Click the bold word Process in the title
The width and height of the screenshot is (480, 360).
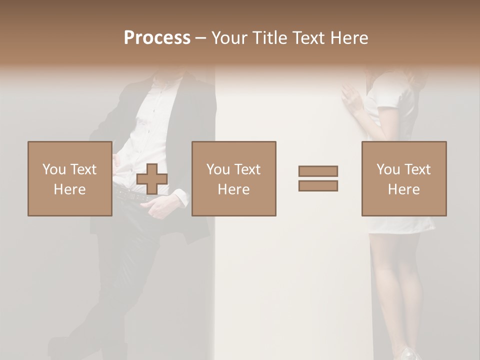157,38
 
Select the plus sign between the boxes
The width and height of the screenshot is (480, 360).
152,179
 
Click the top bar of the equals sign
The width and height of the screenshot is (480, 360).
318,171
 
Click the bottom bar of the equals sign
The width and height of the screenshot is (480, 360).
318,186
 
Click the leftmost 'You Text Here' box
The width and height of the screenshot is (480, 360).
69,178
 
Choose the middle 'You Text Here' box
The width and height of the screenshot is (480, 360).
233,178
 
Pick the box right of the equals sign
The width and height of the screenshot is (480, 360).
403,178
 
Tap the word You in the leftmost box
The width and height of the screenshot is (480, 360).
53,169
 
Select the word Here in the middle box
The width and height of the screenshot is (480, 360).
233,189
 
